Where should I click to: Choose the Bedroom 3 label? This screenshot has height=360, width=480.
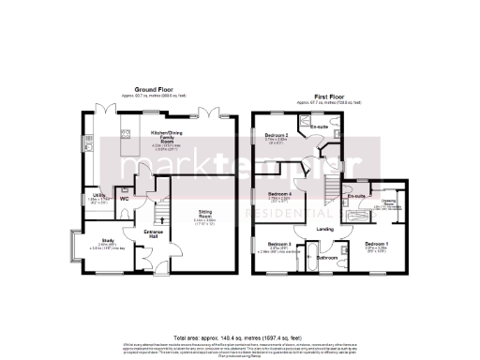(279, 245)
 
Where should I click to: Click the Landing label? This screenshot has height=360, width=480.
(326, 228)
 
